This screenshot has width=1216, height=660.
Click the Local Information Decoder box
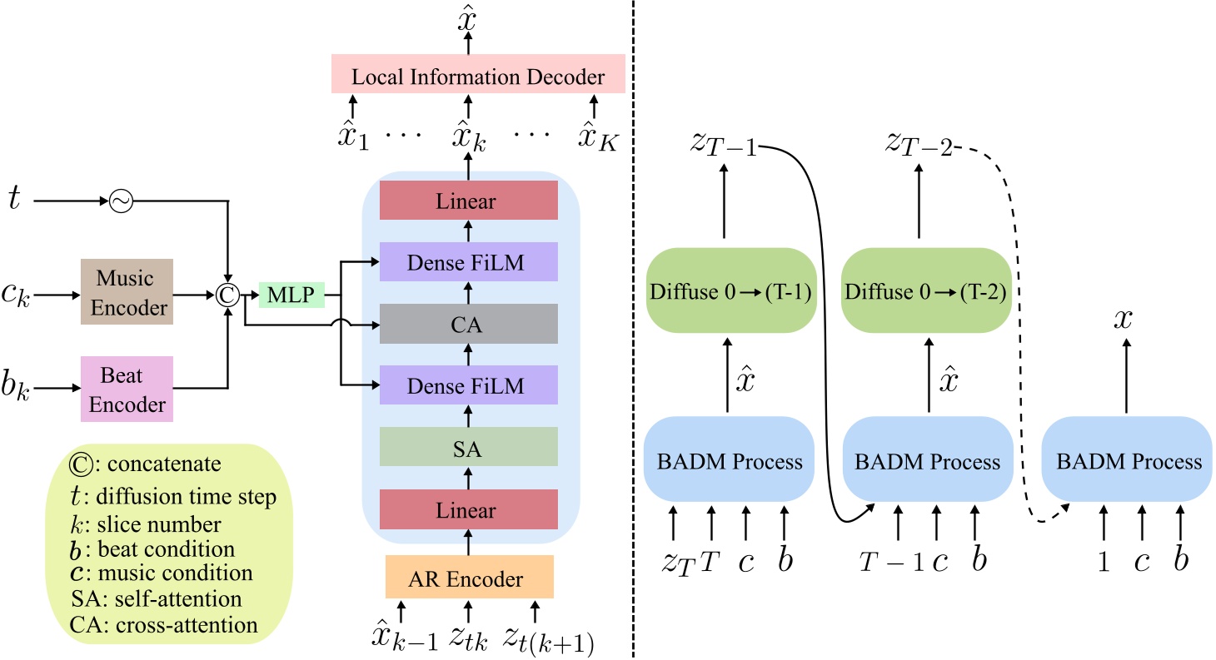tap(478, 77)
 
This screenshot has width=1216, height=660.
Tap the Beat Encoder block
tap(126, 388)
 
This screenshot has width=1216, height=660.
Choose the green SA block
tap(468, 450)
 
